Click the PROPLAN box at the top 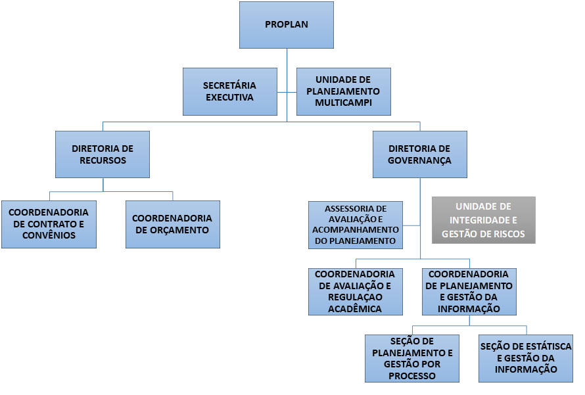pos(287,25)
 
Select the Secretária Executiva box pos(229,91)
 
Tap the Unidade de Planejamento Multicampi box pos(343,91)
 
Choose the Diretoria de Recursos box pos(103,154)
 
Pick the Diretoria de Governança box pos(419,154)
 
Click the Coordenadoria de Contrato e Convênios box pos(49,224)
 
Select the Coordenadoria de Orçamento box pos(172,224)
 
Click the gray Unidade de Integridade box pos(483,220)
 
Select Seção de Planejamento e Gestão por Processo pos(412,358)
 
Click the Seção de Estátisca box pos(526,358)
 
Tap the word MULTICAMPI pos(343,103)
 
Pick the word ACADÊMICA pos(355,309)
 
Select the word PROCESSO pos(412,376)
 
